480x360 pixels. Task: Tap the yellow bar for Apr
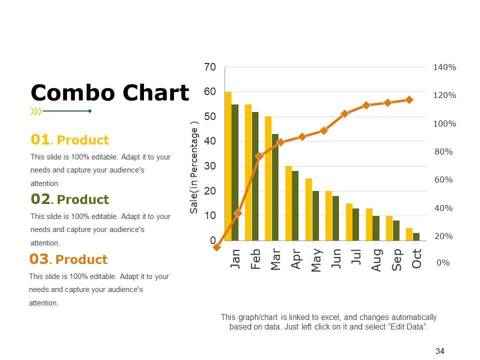288,203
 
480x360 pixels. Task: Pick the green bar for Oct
416,236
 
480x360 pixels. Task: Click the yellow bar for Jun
328,215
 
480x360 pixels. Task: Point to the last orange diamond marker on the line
409,100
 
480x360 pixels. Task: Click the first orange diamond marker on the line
216,247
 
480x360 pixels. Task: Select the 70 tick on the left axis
210,67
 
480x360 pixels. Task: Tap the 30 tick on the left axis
210,166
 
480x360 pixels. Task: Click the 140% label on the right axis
444,67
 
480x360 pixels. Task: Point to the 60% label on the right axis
443,179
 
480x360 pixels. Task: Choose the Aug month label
376,260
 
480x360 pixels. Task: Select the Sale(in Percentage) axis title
194,170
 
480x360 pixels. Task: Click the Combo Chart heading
110,93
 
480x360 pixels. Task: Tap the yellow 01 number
40,139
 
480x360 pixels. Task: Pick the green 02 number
40,199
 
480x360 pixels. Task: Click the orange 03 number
39,259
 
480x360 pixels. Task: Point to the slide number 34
440,351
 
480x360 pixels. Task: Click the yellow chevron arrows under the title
36,111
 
